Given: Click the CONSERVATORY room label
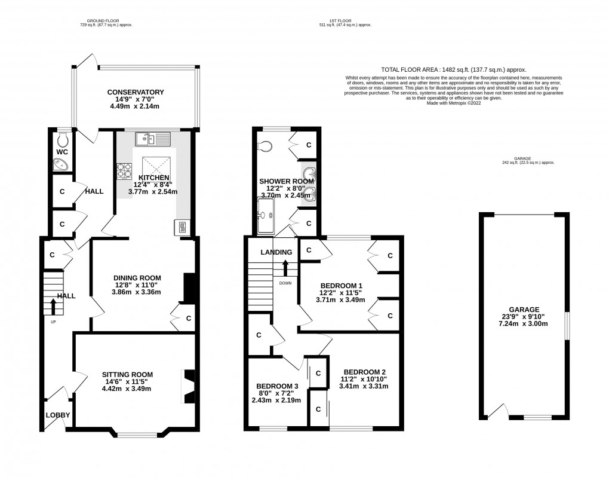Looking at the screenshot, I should pyautogui.click(x=136, y=91).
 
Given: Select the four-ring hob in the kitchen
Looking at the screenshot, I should pyautogui.click(x=125, y=170).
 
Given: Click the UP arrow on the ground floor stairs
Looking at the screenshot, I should pyautogui.click(x=53, y=307).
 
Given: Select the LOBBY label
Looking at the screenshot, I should pyautogui.click(x=58, y=415).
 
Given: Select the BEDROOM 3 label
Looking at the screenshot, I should pyautogui.click(x=277, y=386).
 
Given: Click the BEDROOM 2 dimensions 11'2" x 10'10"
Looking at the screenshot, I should pyautogui.click(x=364, y=378).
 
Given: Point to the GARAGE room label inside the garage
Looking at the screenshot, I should pyautogui.click(x=524, y=310).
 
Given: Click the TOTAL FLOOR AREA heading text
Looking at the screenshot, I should pyautogui.click(x=453, y=70).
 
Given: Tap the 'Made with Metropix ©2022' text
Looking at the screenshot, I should pyautogui.click(x=454, y=103).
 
